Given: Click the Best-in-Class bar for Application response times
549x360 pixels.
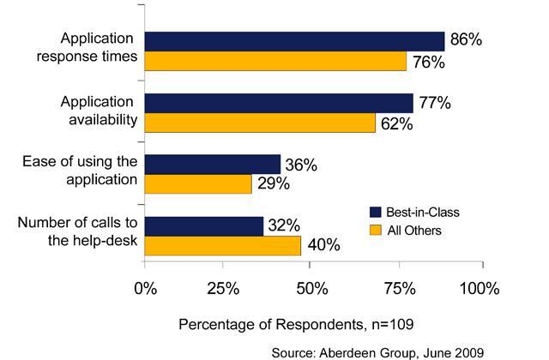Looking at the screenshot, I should click(x=294, y=41).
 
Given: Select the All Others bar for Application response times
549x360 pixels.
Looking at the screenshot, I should click(x=275, y=61).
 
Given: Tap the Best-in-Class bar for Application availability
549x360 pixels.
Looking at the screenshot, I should click(x=279, y=103).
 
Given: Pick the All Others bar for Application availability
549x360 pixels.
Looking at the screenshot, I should click(x=260, y=123).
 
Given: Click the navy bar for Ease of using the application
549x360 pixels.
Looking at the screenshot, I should click(x=213, y=164).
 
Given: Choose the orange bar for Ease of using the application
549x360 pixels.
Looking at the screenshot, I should click(x=198, y=183).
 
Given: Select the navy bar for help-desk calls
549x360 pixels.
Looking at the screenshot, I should click(x=204, y=225).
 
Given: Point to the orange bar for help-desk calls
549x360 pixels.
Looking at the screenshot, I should click(x=223, y=245).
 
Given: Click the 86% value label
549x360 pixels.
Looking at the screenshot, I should click(x=467, y=40).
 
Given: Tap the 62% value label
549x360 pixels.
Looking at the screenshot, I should click(x=395, y=123).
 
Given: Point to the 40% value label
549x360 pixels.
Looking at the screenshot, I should click(x=323, y=246).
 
